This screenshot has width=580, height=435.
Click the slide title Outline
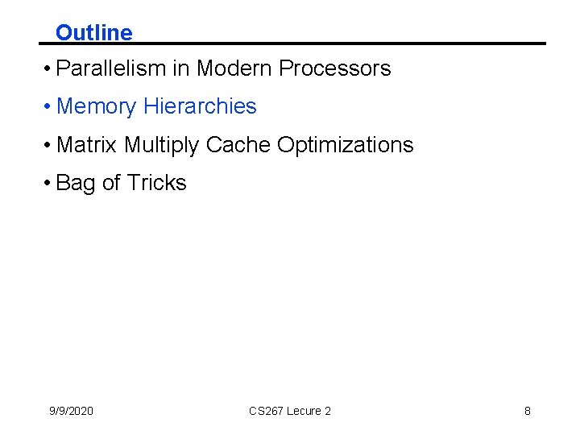click(93, 33)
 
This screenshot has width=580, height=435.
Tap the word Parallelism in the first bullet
click(111, 68)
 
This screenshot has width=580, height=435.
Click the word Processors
click(334, 68)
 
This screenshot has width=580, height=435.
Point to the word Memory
click(97, 106)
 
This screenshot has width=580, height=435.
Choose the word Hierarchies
click(200, 106)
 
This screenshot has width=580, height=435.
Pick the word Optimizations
click(345, 145)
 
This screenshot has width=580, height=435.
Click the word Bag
click(76, 184)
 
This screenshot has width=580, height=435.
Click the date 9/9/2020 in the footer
click(71, 411)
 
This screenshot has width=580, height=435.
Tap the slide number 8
click(528, 411)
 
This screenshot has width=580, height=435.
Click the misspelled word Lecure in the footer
click(304, 411)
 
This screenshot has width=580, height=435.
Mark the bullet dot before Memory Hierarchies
click(49, 107)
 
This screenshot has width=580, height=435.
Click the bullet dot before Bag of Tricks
click(49, 184)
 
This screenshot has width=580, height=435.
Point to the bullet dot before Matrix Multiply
click(49, 146)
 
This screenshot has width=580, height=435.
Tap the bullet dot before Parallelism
click(49, 69)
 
